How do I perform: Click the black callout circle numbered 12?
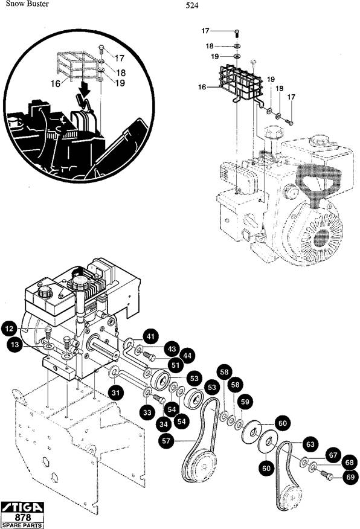10,329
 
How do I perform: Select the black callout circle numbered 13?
15,345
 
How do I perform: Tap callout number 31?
116,393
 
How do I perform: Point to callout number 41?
150,336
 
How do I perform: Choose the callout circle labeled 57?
166,441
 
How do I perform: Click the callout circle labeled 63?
310,444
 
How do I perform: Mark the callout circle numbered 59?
245,402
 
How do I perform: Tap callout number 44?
188,356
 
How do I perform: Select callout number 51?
175,365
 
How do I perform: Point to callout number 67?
333,455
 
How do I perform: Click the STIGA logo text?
22,507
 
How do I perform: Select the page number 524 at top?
192,5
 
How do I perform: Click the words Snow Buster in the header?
27,4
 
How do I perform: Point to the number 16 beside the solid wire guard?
202,87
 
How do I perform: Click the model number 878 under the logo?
23,517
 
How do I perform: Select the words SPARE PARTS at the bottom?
22,525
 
